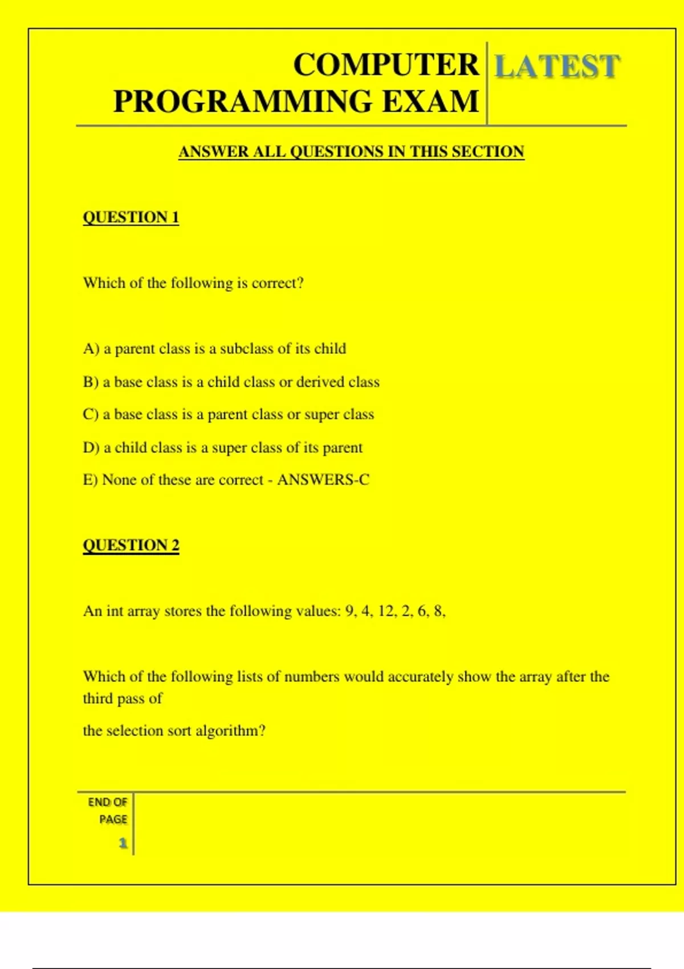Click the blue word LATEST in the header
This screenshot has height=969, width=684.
tap(556, 66)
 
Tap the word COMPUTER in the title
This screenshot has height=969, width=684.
tap(386, 64)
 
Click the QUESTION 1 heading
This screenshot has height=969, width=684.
tap(131, 217)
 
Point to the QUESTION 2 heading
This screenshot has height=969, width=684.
tap(131, 545)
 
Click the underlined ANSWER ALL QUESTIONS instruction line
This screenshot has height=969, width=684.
tap(351, 152)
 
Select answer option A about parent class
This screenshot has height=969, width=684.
tap(214, 348)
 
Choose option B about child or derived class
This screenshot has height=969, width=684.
tap(231, 381)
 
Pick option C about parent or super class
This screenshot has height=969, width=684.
tap(228, 414)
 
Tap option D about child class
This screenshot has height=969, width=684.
tap(222, 447)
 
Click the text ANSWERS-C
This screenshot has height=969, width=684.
tap(323, 480)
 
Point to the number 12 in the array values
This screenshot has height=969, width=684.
tap(386, 611)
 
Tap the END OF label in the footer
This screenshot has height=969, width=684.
tap(107, 802)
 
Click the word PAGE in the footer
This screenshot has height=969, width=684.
tap(113, 819)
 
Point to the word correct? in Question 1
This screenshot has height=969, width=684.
tap(278, 283)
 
